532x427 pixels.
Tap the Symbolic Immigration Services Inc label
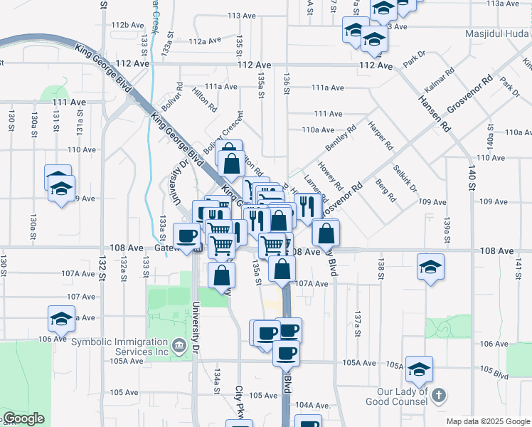tap(121, 347)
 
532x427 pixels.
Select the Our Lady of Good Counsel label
tap(403, 396)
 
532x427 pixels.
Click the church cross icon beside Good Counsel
tap(440, 395)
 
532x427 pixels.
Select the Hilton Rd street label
tap(205, 99)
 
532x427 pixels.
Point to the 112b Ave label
tap(128, 25)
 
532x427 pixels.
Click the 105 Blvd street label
tap(494, 371)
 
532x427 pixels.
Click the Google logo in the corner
tap(23, 418)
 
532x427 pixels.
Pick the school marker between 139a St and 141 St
tap(430, 267)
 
